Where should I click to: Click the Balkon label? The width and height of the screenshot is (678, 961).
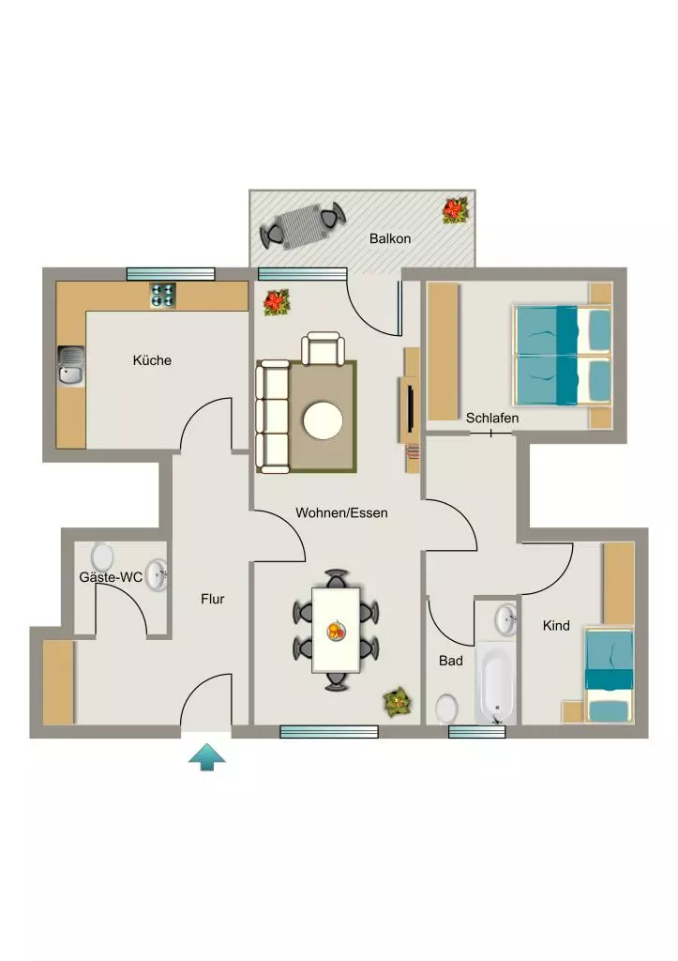click(x=389, y=238)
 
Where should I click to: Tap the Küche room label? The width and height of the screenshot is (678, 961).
click(x=152, y=359)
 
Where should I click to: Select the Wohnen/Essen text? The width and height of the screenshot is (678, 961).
click(x=341, y=512)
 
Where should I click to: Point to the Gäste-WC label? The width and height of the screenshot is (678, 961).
click(x=111, y=577)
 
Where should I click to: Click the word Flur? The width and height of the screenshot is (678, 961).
click(x=213, y=599)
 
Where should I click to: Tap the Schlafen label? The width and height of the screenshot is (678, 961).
click(x=491, y=418)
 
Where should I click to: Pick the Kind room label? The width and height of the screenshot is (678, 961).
click(x=556, y=625)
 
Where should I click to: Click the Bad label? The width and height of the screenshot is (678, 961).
click(x=451, y=660)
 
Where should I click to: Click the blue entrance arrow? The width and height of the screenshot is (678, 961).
click(x=207, y=757)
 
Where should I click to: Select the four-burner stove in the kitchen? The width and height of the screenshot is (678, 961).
click(x=162, y=296)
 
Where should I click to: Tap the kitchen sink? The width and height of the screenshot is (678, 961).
click(x=71, y=366)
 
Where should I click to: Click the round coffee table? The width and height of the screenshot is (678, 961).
click(x=323, y=420)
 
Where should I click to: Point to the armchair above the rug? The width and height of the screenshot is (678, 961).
click(x=323, y=348)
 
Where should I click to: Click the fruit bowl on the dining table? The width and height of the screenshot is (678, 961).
click(x=336, y=630)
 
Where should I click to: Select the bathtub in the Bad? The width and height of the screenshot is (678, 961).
click(x=496, y=683)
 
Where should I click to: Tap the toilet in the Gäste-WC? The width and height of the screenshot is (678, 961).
click(x=102, y=556)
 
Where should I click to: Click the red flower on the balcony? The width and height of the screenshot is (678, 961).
click(x=455, y=209)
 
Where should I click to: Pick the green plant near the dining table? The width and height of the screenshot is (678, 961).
click(x=397, y=702)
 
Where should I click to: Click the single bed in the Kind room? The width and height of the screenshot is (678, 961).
click(x=609, y=675)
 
